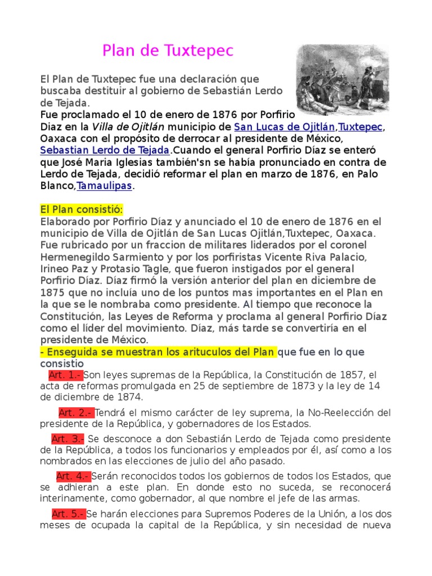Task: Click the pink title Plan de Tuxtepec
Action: (x=168, y=52)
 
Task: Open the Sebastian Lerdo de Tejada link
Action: (x=105, y=150)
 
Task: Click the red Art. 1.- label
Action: (x=66, y=375)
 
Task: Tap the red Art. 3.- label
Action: (x=67, y=439)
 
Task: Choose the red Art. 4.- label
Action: (x=73, y=476)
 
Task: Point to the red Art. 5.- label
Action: (x=68, y=514)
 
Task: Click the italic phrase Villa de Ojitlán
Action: (x=125, y=126)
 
